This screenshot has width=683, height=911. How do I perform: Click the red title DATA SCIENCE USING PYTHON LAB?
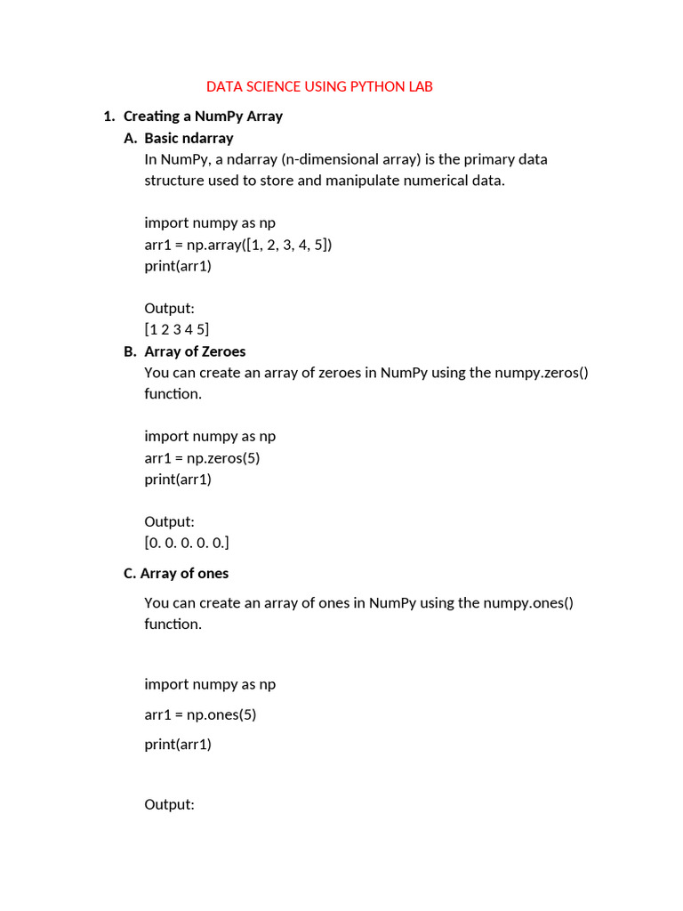pyautogui.click(x=319, y=86)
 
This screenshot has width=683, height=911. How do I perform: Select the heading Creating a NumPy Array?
pyautogui.click(x=203, y=116)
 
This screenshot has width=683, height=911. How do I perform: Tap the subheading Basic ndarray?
pyautogui.click(x=189, y=138)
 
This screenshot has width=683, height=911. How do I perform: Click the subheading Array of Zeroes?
pyautogui.click(x=195, y=351)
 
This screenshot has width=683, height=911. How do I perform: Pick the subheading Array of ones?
pyautogui.click(x=184, y=573)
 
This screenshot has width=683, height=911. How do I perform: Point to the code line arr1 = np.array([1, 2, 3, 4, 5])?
pyautogui.click(x=237, y=245)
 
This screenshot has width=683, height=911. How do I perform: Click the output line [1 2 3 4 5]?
pyautogui.click(x=177, y=330)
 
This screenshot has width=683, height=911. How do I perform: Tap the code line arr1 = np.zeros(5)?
pyautogui.click(x=202, y=458)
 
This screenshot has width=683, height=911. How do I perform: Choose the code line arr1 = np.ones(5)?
pyautogui.click(x=200, y=714)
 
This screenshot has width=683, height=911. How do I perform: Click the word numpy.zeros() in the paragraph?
pyautogui.click(x=534, y=373)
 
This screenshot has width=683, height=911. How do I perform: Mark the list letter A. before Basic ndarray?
pyautogui.click(x=131, y=138)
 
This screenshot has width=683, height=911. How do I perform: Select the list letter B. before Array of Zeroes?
pyautogui.click(x=131, y=351)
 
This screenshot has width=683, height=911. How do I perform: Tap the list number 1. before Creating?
pyautogui.click(x=109, y=116)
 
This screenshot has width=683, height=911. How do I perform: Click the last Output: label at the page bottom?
pyautogui.click(x=169, y=805)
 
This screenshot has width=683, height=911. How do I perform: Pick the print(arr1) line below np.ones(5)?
pyautogui.click(x=178, y=745)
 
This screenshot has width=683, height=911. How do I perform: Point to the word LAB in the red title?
pyautogui.click(x=420, y=86)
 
